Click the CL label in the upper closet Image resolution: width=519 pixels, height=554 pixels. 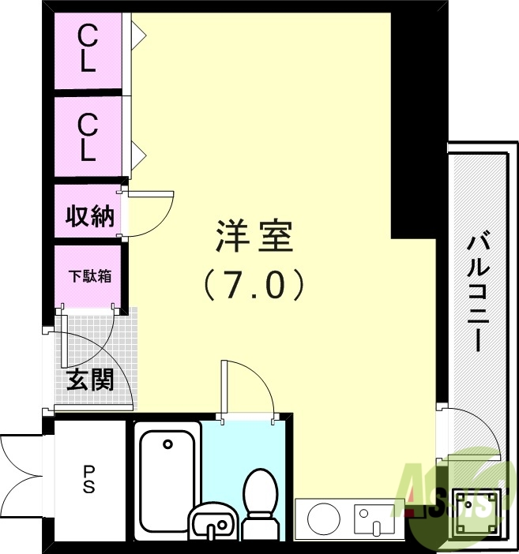point(87,49)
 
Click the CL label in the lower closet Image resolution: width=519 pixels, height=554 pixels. point(87,137)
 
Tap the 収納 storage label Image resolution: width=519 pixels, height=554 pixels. point(89,215)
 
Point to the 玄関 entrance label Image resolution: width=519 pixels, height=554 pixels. point(89,380)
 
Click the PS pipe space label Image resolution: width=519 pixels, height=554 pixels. point(89,479)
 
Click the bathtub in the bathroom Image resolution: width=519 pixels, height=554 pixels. point(167,481)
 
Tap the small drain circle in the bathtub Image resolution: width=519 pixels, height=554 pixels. point(167,444)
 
